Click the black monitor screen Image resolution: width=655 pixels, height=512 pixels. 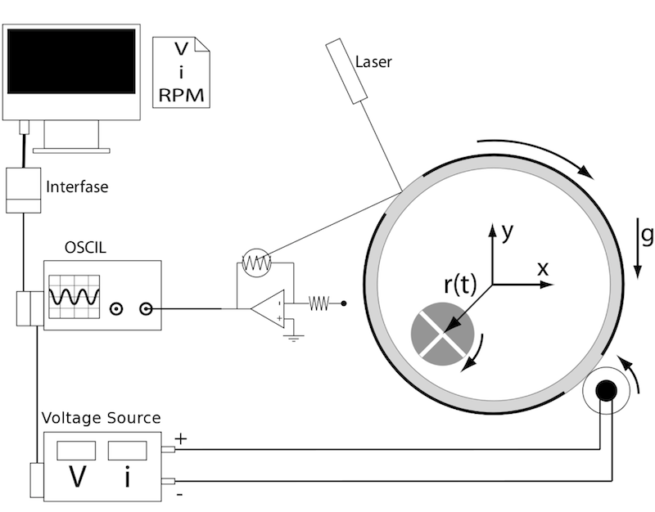(71, 61)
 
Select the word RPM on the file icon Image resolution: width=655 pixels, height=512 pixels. (181, 95)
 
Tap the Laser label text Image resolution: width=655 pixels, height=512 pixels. (373, 62)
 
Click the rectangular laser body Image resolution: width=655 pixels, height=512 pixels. (346, 71)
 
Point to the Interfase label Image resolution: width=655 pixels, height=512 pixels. (77, 186)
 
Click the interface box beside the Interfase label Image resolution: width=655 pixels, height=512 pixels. (24, 191)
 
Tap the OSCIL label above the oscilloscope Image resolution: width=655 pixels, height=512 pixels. (85, 248)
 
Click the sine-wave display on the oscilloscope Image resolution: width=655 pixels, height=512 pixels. (75, 297)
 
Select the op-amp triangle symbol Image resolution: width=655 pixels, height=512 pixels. (268, 309)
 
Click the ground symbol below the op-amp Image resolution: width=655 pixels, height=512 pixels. (294, 338)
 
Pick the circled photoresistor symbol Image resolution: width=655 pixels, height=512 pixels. (257, 263)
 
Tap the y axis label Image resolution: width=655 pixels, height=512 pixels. (507, 231)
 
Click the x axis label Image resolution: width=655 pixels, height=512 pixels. (543, 269)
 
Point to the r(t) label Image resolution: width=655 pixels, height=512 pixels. (460, 285)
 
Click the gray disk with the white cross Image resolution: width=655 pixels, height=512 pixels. (443, 334)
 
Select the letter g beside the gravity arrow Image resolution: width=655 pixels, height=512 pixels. (647, 235)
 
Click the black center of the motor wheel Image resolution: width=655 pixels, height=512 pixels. (606, 391)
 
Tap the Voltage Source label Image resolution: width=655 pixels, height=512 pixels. (101, 418)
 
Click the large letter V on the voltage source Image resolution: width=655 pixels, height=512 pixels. (77, 476)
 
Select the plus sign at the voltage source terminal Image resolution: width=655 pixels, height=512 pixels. (180, 438)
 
